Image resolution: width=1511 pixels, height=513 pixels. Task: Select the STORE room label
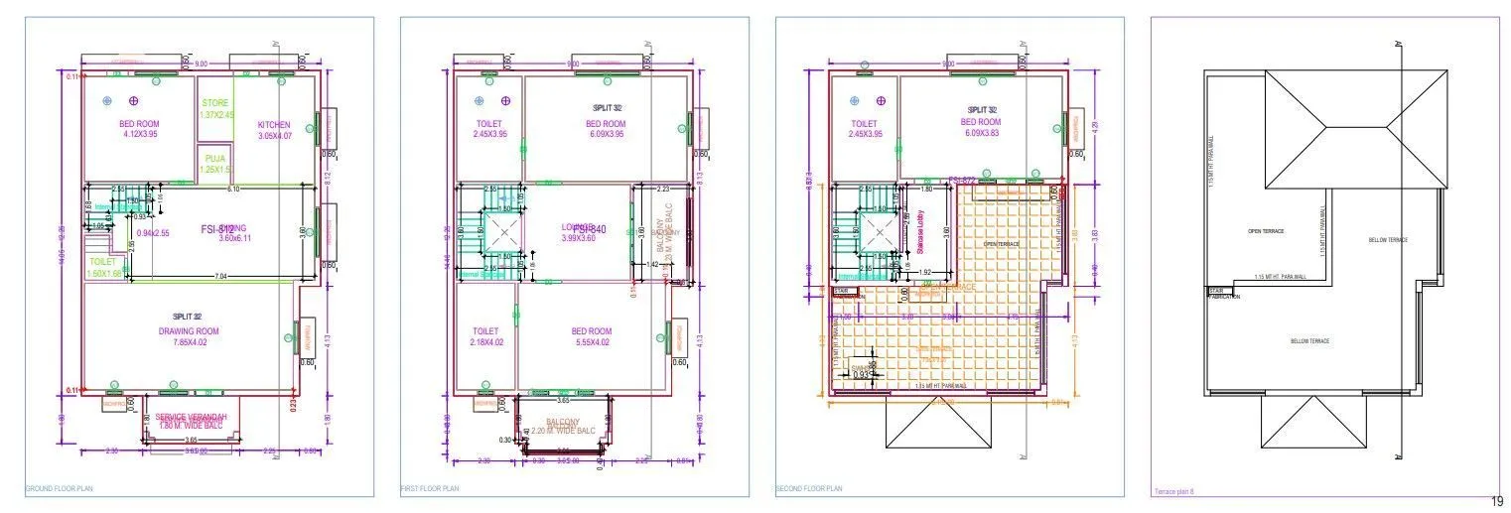click(x=215, y=103)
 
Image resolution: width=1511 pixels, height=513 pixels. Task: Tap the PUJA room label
click(x=214, y=158)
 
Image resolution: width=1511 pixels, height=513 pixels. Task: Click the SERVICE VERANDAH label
click(x=192, y=416)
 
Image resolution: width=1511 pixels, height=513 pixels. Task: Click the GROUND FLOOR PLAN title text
click(x=59, y=489)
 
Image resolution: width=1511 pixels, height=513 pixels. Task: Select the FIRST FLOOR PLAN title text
click(x=430, y=489)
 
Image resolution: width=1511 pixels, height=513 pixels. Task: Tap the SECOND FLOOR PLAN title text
click(x=808, y=489)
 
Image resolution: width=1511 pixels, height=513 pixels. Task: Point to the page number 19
click(x=1498, y=502)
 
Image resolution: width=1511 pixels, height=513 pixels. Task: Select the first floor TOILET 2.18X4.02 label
click(x=485, y=337)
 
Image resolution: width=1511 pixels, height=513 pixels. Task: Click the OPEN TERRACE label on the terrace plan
click(x=1266, y=231)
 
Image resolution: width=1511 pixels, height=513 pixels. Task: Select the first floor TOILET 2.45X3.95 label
click(x=489, y=129)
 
